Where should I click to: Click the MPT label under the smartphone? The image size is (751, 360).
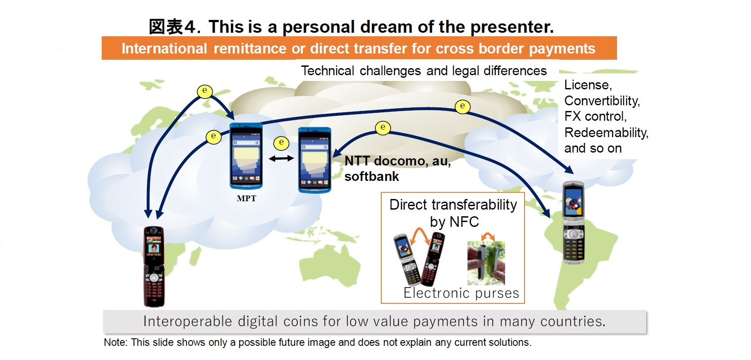(x=246, y=199)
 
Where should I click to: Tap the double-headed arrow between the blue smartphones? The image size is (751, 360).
(x=281, y=158)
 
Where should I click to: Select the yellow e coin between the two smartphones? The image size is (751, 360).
(x=281, y=142)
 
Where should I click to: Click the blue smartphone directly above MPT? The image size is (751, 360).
(x=246, y=156)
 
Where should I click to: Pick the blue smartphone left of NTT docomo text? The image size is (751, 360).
(x=314, y=160)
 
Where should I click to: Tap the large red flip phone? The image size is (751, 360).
(x=154, y=266)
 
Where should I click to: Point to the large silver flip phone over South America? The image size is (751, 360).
(x=574, y=222)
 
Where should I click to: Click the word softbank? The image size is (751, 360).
(x=372, y=176)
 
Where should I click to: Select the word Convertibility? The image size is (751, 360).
(x=602, y=101)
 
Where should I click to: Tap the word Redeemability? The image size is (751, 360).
(x=606, y=133)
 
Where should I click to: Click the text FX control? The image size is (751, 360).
(x=595, y=116)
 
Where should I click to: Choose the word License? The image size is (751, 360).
(x=587, y=85)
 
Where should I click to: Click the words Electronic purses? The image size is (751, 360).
(x=461, y=293)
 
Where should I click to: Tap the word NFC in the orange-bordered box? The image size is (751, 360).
(x=464, y=222)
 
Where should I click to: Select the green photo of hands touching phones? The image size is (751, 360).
(x=486, y=263)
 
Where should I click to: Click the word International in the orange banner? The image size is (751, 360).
(x=164, y=49)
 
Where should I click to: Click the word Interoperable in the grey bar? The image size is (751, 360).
(x=188, y=321)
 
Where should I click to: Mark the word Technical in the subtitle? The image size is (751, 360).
(x=327, y=71)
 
